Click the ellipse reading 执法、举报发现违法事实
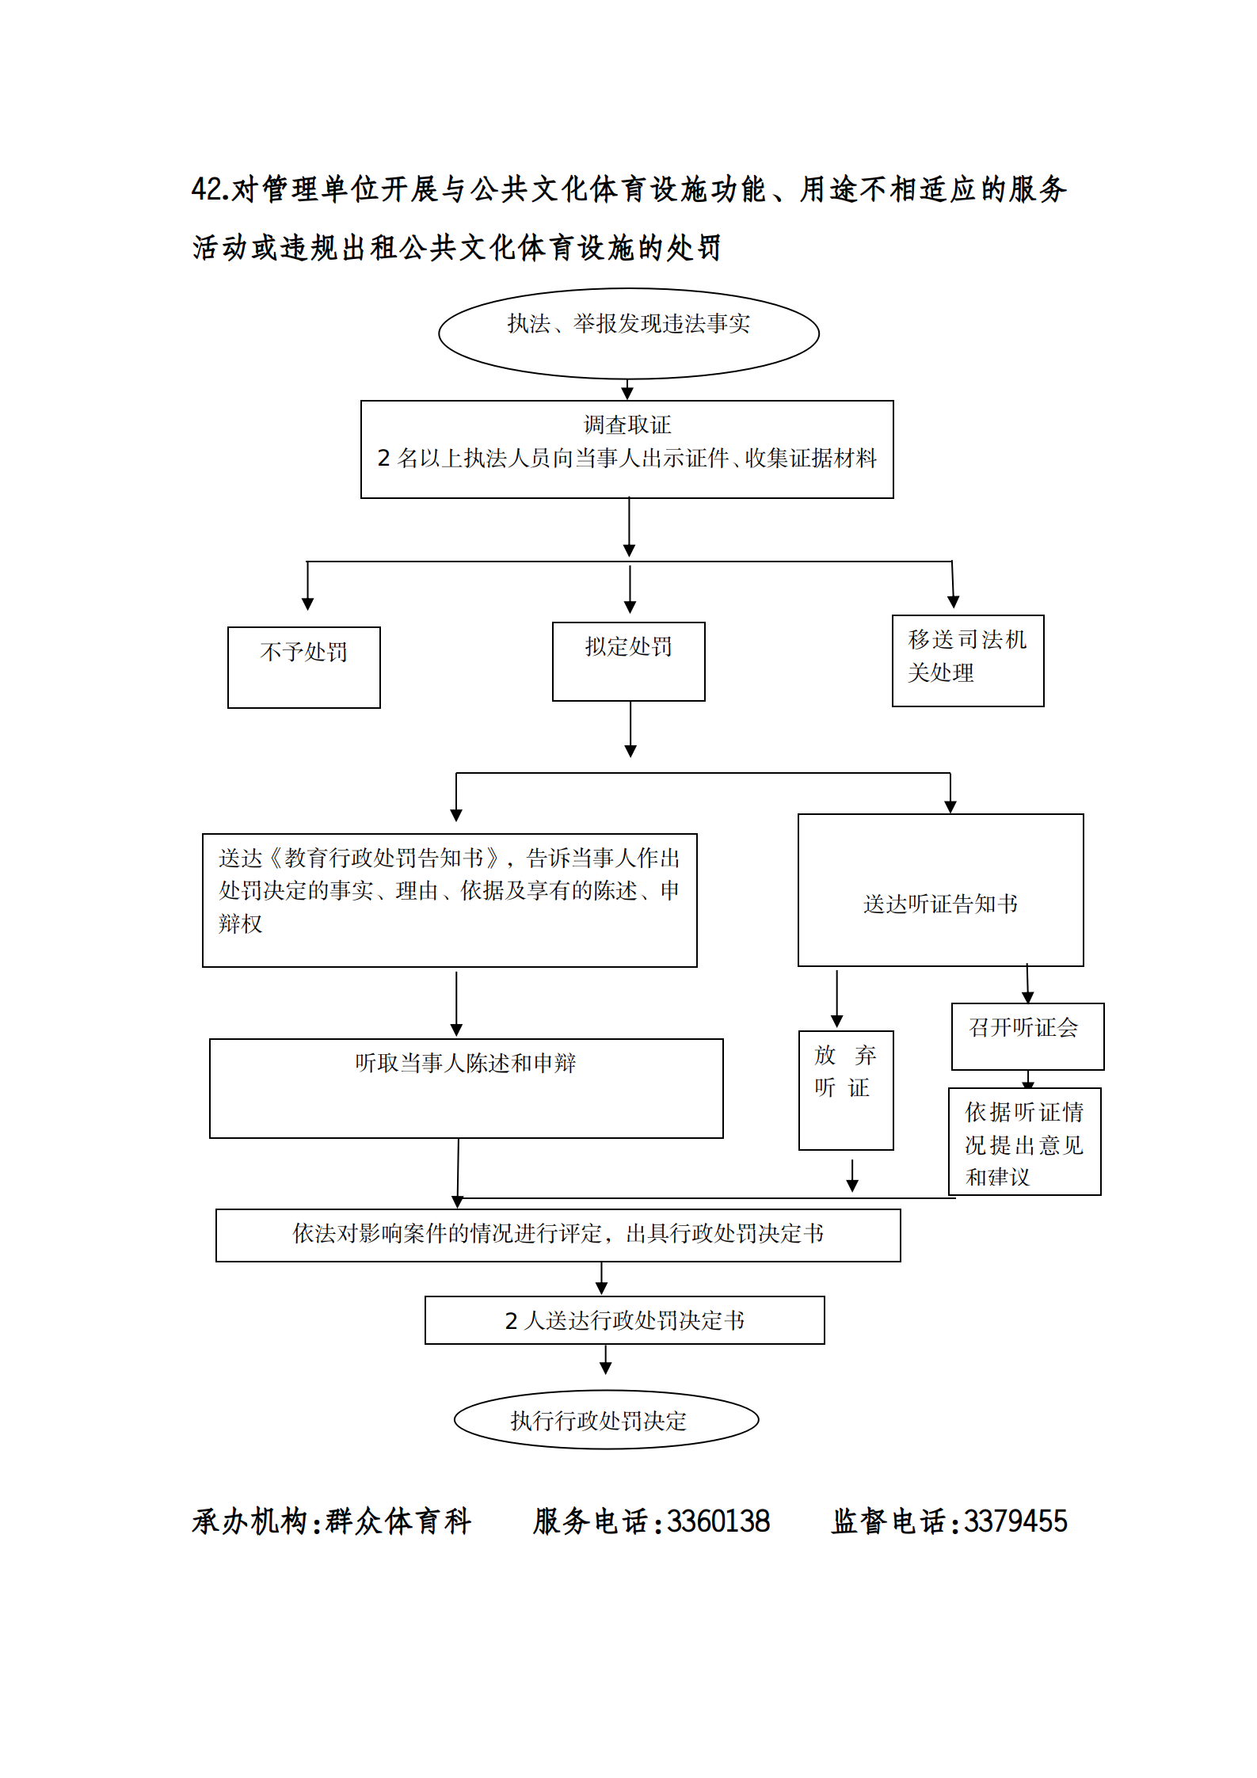tap(628, 333)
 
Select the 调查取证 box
tap(627, 449)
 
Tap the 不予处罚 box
tap(303, 667)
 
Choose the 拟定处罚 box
tap(628, 661)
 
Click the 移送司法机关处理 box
tap(967, 660)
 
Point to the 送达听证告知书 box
tap(940, 890)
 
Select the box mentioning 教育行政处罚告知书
tap(449, 900)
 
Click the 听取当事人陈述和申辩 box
tap(466, 1088)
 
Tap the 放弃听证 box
tap(845, 1090)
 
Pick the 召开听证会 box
tap(1027, 1036)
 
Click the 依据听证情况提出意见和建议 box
tap(1024, 1141)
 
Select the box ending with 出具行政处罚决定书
tap(558, 1235)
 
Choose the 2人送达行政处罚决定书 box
tap(624, 1320)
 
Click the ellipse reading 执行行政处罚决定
tap(606, 1420)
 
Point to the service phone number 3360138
tap(718, 1521)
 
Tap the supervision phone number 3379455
tap(1015, 1521)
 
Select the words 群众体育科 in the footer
tap(398, 1521)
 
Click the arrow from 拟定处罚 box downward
tap(630, 729)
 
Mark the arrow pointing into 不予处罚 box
tap(307, 586)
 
